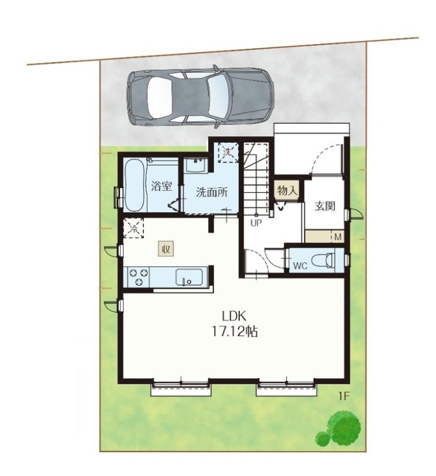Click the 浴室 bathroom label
point(161,186)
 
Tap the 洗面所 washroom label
point(212,192)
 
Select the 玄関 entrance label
point(325,206)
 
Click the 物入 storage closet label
point(287,190)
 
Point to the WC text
point(300,266)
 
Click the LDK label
point(234,317)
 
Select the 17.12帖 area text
point(234,331)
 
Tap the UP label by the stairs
point(256,223)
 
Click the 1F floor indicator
point(344,396)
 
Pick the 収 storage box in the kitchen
point(166,249)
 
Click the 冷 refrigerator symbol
point(133,228)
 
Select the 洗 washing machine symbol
point(227,152)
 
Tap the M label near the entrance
point(338,237)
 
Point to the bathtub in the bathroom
point(134,185)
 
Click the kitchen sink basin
point(189,277)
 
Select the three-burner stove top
point(139,277)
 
